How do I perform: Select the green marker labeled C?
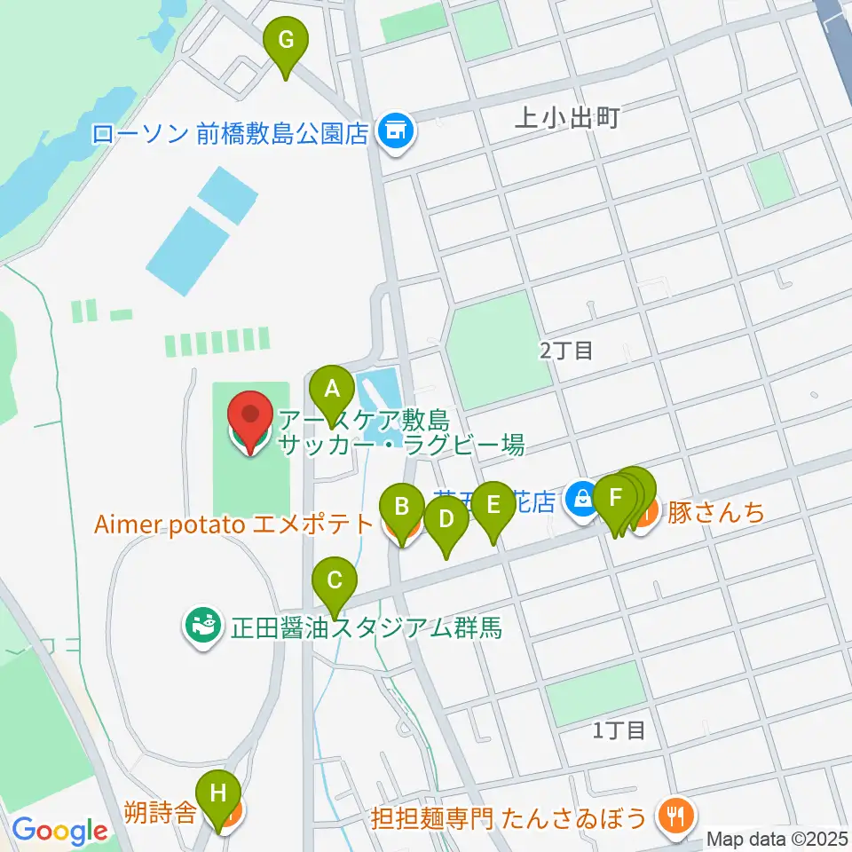[x=335, y=582]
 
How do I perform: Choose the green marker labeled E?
[x=493, y=506]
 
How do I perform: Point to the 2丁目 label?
[x=565, y=351]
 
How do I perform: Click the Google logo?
[x=60, y=831]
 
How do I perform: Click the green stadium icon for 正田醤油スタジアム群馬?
[x=200, y=628]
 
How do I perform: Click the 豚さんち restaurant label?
[x=715, y=512]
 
